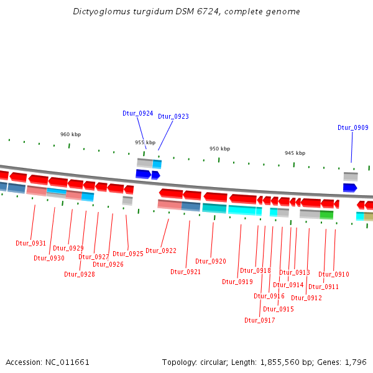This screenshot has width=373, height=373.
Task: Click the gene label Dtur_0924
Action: click(x=137, y=113)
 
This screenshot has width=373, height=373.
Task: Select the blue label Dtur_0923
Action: click(x=173, y=116)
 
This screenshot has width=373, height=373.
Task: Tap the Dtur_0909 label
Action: click(x=353, y=127)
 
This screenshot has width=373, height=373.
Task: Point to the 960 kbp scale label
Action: click(x=70, y=134)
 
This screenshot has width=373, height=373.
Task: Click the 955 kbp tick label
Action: click(x=145, y=142)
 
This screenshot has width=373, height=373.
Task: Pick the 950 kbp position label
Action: click(x=219, y=149)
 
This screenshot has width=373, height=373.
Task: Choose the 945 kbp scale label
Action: click(x=295, y=153)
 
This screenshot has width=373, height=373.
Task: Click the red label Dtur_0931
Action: click(x=31, y=243)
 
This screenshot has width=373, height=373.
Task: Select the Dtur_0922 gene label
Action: click(x=161, y=251)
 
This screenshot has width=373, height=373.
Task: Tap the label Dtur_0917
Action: click(x=259, y=320)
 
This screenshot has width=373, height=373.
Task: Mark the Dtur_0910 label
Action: click(x=334, y=274)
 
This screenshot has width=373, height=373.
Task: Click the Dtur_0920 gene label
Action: click(x=211, y=261)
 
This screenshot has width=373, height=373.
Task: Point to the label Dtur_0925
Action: click(x=128, y=254)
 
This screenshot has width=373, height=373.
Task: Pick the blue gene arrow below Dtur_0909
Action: click(x=350, y=187)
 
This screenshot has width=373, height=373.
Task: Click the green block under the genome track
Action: click(x=326, y=214)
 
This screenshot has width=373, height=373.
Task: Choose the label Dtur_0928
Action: click(x=80, y=274)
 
